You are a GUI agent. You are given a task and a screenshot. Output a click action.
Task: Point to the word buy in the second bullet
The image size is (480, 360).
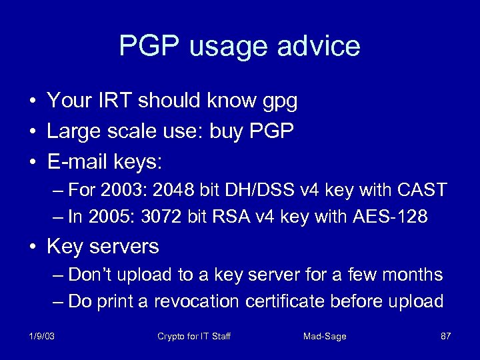[x=227, y=131]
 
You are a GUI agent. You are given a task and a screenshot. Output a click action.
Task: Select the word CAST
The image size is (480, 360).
[x=420, y=190]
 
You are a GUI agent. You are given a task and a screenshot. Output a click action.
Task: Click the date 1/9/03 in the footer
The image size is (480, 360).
[x=41, y=336]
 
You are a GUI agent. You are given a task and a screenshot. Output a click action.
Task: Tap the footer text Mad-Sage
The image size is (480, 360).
[x=325, y=336]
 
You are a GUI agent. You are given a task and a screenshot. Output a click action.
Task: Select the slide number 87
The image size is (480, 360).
[x=445, y=336]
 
